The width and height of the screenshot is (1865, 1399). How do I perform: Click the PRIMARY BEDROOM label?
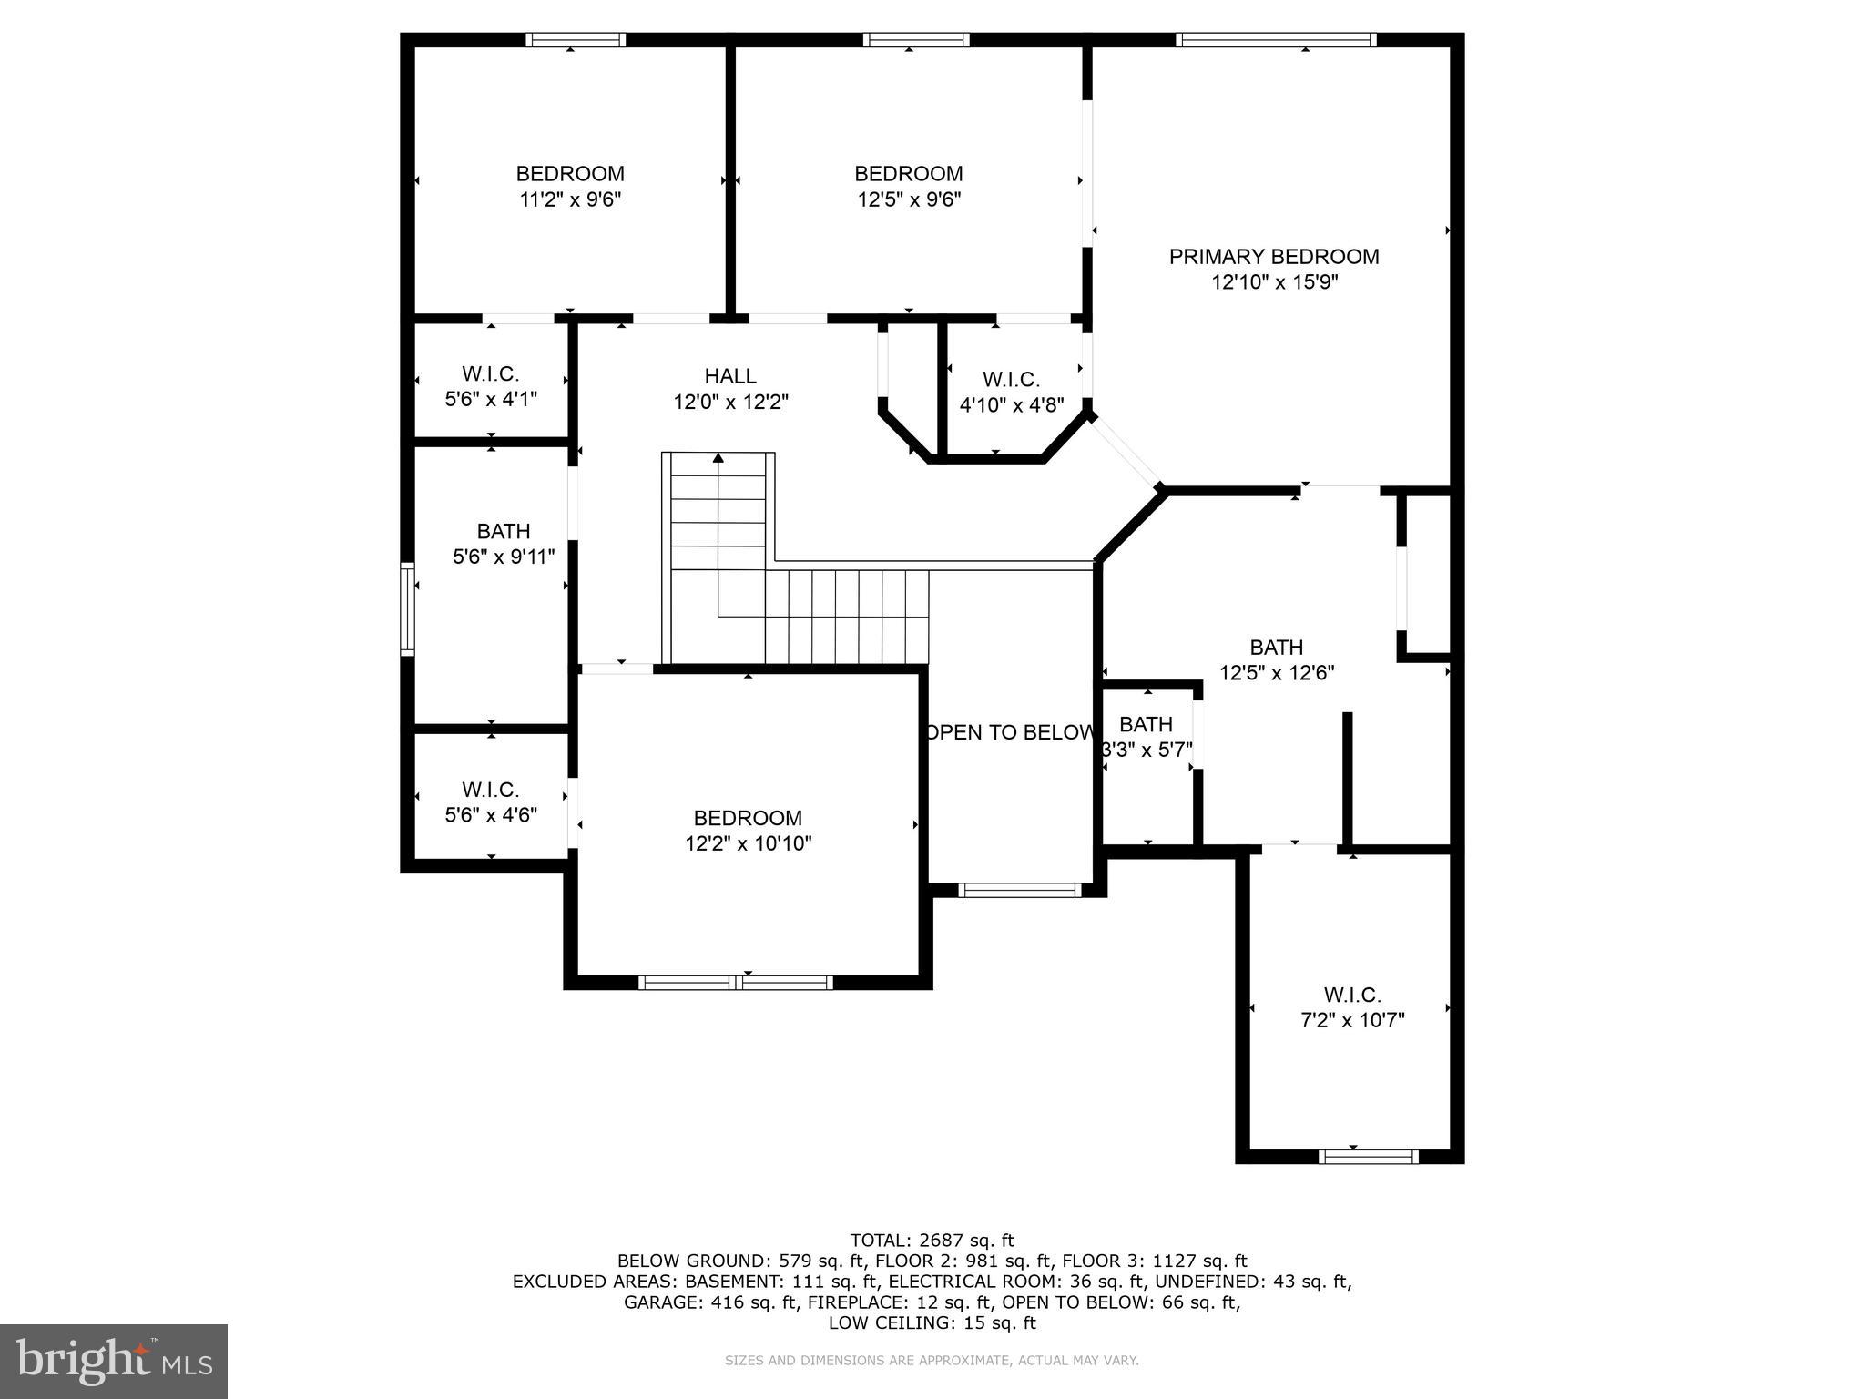pos(1273,257)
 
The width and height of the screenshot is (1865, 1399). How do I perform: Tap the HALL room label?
pos(729,375)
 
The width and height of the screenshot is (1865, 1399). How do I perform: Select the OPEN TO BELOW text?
pos(1009,732)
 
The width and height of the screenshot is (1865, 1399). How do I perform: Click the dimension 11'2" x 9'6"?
pos(570,199)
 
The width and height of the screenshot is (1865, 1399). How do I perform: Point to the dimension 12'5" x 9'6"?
pos(909,199)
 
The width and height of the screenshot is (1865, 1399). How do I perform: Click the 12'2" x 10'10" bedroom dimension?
pos(748,843)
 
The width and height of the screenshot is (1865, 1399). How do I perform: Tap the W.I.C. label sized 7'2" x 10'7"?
pos(1351,995)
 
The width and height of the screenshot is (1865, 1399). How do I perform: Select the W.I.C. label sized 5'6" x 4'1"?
pos(490,373)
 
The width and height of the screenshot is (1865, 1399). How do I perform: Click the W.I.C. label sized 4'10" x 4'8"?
pos(1011,379)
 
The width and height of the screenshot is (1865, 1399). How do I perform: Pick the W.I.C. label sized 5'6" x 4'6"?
pos(490,789)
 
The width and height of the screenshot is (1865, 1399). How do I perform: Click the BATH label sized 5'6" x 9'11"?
pos(503,530)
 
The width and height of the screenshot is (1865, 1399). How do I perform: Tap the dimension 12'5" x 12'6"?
pos(1277,673)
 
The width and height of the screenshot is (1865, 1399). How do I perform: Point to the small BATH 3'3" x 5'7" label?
pos(1146,724)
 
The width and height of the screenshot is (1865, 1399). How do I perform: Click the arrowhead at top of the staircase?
pos(718,457)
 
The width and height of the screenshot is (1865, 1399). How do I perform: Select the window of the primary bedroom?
pos(1275,39)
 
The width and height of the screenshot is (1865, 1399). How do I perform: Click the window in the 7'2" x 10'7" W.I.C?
pos(1368,1157)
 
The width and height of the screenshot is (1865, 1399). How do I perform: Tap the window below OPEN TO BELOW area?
pos(1020,890)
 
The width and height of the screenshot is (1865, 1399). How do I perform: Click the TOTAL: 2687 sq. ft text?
pos(932,1240)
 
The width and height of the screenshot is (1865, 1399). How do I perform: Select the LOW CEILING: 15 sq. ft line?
pos(932,1322)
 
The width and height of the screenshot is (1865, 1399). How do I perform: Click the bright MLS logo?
pos(113,1361)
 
